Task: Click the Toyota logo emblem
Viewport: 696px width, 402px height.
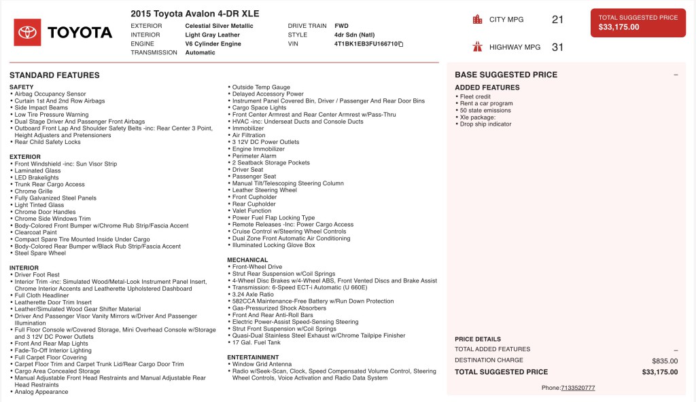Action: (28, 32)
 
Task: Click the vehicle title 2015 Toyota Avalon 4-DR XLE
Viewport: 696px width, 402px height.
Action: (194, 14)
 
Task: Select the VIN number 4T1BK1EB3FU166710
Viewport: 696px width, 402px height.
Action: (366, 43)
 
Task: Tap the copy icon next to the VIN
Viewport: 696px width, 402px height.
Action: (401, 44)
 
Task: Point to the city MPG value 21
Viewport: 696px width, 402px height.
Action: (557, 20)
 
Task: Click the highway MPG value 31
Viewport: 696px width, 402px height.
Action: (557, 47)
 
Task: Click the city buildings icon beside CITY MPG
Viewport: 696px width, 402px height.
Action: (477, 20)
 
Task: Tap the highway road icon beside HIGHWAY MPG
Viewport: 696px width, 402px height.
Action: (477, 47)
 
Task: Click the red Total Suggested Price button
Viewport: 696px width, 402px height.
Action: (638, 22)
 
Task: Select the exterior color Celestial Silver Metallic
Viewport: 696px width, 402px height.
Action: (219, 26)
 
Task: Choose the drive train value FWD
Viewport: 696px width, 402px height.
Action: (341, 26)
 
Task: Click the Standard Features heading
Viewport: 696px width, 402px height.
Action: (54, 75)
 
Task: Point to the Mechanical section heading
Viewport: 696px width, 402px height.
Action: (247, 260)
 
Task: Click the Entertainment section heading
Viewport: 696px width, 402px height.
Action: (253, 357)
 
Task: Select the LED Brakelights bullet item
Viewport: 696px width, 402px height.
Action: (37, 178)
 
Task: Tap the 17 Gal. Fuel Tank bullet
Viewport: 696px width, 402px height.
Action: (256, 342)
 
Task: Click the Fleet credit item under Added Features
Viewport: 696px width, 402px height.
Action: (475, 96)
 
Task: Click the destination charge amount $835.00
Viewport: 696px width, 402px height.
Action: (665, 361)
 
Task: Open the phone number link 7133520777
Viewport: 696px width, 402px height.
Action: (578, 388)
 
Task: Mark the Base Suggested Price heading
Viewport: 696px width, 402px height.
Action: (506, 75)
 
